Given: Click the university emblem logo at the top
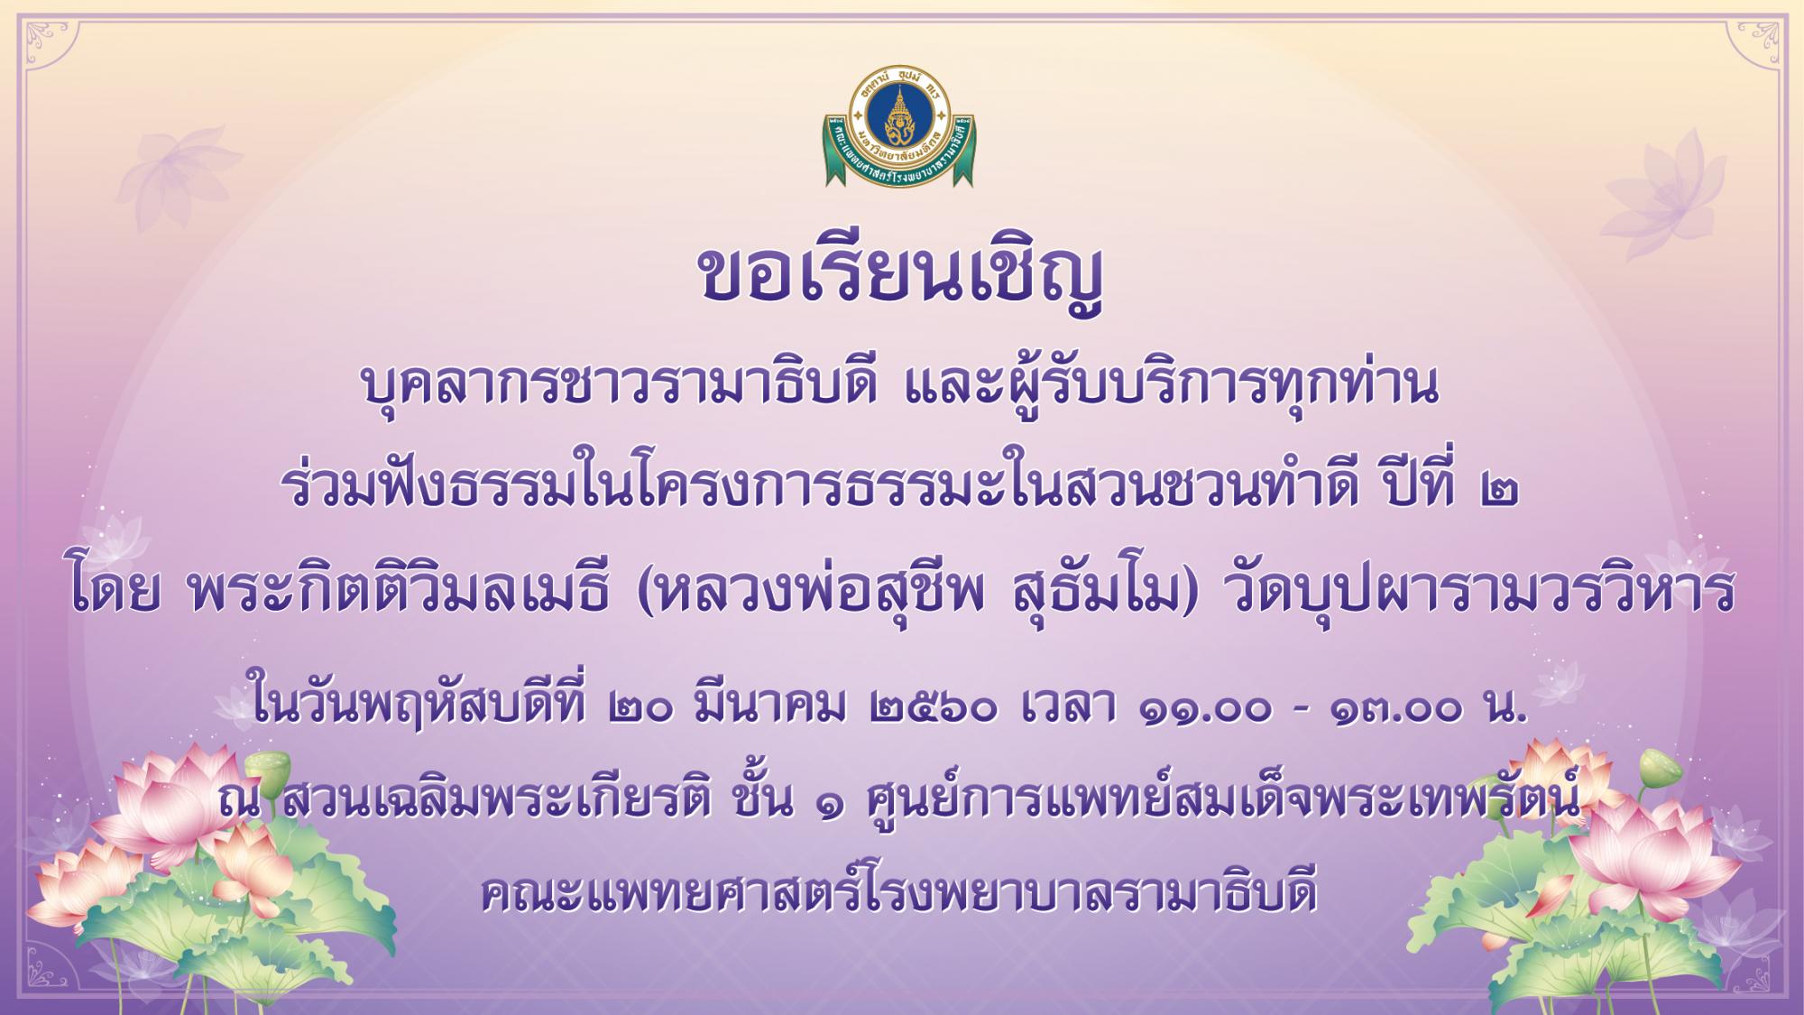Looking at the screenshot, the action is tap(899, 127).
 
